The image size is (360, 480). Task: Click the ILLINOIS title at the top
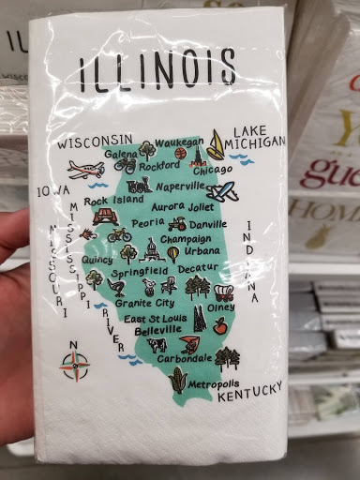[157, 70]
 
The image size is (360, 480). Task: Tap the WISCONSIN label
[95, 143]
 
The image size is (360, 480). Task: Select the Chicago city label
[213, 170]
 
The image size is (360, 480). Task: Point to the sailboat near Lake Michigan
[217, 144]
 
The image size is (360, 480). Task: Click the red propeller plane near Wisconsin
[85, 169]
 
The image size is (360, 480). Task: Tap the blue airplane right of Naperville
[223, 192]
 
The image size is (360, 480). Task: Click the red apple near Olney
[219, 324]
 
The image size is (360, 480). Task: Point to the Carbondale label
[184, 358]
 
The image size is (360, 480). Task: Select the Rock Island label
[113, 200]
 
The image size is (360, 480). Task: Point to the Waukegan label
[178, 142]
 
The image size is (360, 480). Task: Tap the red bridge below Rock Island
[103, 217]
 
